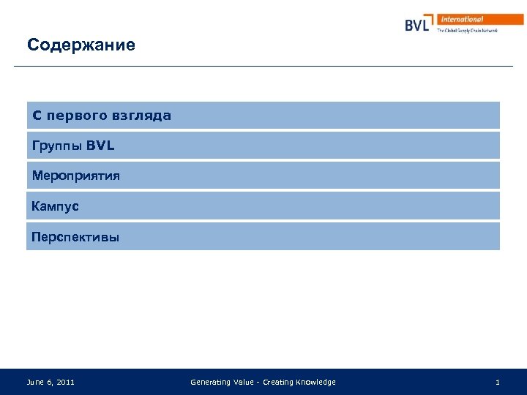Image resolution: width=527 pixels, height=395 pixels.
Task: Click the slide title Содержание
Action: [x=81, y=45]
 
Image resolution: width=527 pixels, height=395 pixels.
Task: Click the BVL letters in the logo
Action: [x=417, y=26]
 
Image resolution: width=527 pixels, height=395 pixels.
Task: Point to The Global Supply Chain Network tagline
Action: [x=467, y=31]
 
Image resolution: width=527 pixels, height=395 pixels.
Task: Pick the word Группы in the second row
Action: [x=56, y=146]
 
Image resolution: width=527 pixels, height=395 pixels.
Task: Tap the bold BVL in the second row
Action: [x=100, y=146]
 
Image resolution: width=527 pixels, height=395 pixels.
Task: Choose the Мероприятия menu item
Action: [x=76, y=176]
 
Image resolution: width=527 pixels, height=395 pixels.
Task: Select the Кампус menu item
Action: [x=56, y=207]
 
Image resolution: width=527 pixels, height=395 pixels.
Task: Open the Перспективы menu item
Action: [x=75, y=238]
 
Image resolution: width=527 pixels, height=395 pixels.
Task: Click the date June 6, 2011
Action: [x=51, y=383]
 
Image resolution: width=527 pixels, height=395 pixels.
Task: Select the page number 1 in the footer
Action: [x=498, y=383]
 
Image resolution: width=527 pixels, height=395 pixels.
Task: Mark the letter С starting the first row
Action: [x=37, y=116]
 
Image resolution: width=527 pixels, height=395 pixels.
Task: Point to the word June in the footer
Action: [x=34, y=383]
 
